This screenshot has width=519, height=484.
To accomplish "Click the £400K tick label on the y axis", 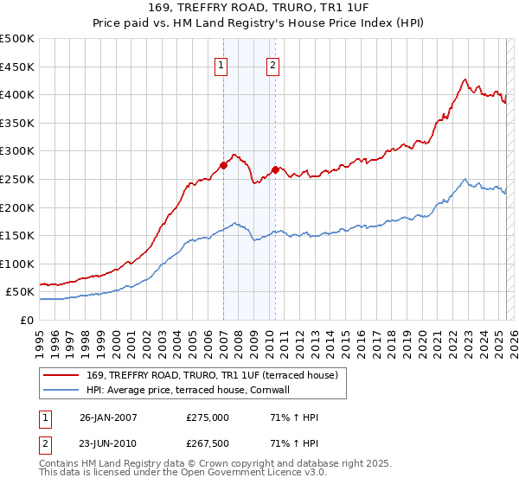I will click(17, 94).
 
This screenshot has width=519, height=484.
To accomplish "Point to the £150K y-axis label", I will click(17, 235).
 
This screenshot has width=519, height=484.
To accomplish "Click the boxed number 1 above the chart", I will click(221, 66).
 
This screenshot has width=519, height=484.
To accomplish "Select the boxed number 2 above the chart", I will click(273, 66).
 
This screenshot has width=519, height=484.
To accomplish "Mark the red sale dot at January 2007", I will click(223, 165).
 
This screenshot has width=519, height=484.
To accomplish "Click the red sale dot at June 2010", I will click(275, 169).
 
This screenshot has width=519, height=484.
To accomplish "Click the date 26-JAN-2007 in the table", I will click(109, 417).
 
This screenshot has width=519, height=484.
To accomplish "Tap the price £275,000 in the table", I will click(208, 417).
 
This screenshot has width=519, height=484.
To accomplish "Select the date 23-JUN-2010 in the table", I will click(109, 445).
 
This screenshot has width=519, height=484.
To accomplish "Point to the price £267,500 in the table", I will click(208, 445).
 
